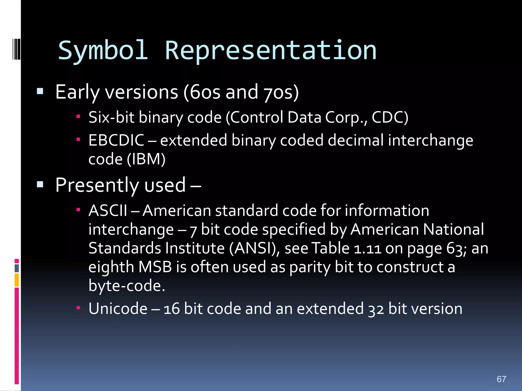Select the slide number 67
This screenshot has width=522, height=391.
coord(501,379)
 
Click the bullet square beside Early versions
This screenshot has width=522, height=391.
coord(40,91)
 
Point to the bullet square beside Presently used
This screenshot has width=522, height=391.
coord(40,184)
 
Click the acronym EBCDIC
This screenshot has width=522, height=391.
coord(116,140)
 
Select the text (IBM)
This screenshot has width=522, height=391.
coord(146,159)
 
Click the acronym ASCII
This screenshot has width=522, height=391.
coord(108,211)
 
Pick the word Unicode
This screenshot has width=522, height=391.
coord(118,309)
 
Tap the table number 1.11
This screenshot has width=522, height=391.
coord(368,248)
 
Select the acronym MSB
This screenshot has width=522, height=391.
coord(155,267)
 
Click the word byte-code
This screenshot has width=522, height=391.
coord(126,286)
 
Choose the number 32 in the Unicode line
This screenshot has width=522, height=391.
coord(376,309)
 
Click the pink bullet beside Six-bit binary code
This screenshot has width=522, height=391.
coord(78,117)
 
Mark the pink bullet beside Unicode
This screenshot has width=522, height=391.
coord(78,308)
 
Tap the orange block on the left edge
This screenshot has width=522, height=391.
coord(17,280)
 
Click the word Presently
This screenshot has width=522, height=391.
coord(97,185)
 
